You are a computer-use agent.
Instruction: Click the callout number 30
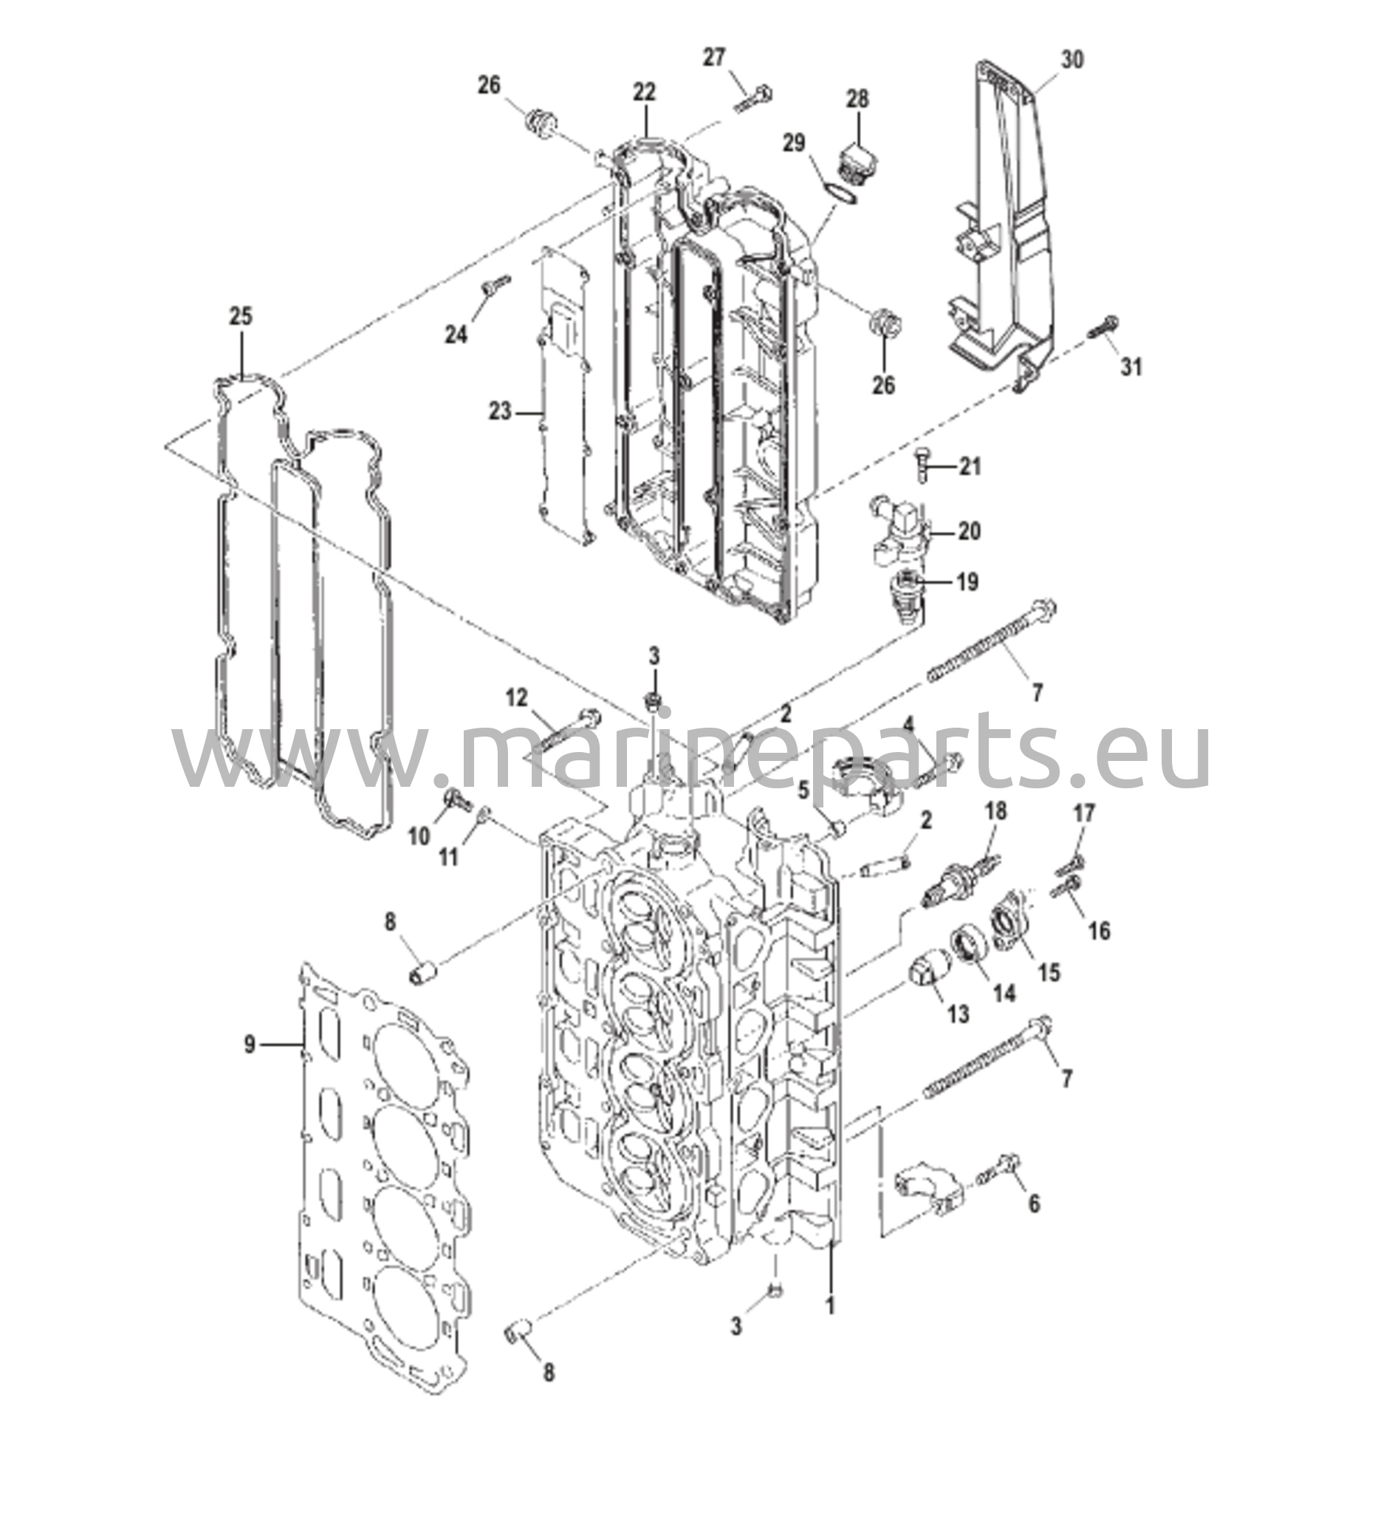(x=1072, y=59)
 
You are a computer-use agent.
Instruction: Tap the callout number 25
(x=241, y=316)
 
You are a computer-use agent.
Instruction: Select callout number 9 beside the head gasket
(x=250, y=1044)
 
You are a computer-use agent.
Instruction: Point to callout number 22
(x=644, y=92)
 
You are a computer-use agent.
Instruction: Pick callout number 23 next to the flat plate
(x=500, y=411)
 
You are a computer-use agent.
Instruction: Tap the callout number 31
(x=1131, y=367)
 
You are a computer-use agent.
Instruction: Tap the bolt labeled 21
(x=922, y=465)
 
